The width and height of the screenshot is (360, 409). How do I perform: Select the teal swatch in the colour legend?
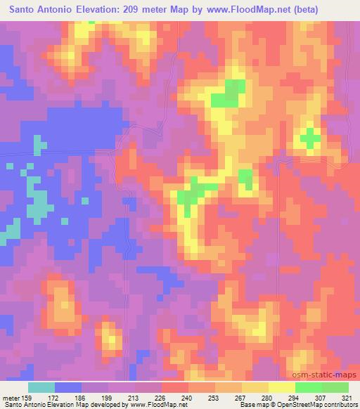point(41,387)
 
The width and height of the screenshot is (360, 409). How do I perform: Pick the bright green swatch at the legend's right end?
point(335,387)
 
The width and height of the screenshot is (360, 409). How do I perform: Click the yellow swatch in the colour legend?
point(281,387)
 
